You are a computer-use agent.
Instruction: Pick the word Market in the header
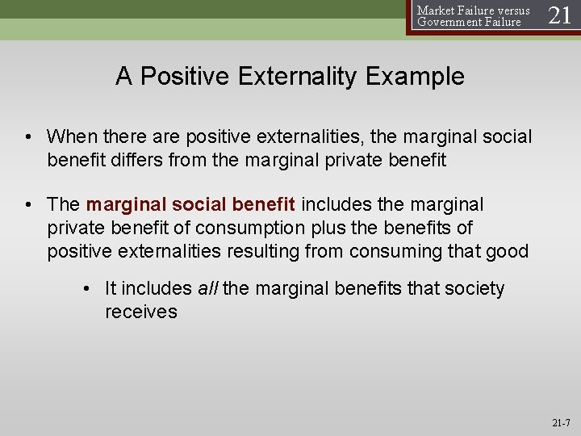[434, 10]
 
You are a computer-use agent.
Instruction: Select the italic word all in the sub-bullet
[207, 289]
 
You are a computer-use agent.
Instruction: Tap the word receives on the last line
[140, 312]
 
